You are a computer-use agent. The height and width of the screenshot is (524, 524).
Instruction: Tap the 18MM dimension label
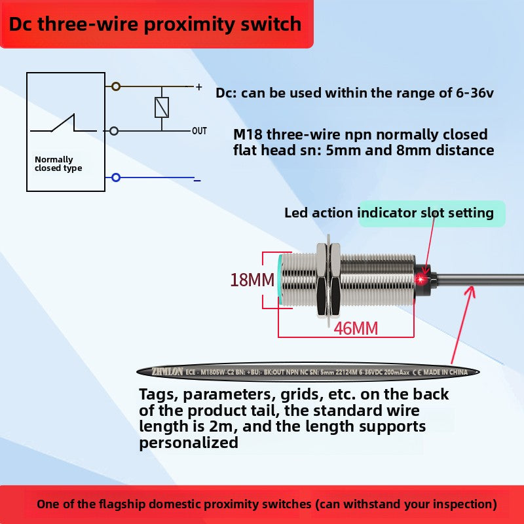[252, 280]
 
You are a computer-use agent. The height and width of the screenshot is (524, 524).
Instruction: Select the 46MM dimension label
[356, 328]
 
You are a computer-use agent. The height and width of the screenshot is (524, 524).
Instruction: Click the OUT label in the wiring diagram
[199, 131]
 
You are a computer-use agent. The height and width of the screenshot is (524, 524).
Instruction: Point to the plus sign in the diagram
[198, 86]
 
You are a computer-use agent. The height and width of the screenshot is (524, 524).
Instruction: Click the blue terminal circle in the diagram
[116, 178]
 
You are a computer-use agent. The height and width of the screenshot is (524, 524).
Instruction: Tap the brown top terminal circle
[116, 86]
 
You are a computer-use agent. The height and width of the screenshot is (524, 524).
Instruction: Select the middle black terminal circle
[115, 131]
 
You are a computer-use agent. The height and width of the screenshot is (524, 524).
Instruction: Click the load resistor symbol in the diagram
[162, 107]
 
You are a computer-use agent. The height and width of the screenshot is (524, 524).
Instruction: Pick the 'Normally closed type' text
[58, 164]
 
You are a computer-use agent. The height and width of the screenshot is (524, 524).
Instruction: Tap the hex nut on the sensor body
[327, 280]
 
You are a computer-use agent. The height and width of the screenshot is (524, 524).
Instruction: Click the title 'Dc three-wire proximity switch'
[155, 24]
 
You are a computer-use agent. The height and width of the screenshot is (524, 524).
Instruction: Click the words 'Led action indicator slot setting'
[389, 212]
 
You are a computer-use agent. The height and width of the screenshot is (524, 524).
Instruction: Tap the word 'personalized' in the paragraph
[189, 442]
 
